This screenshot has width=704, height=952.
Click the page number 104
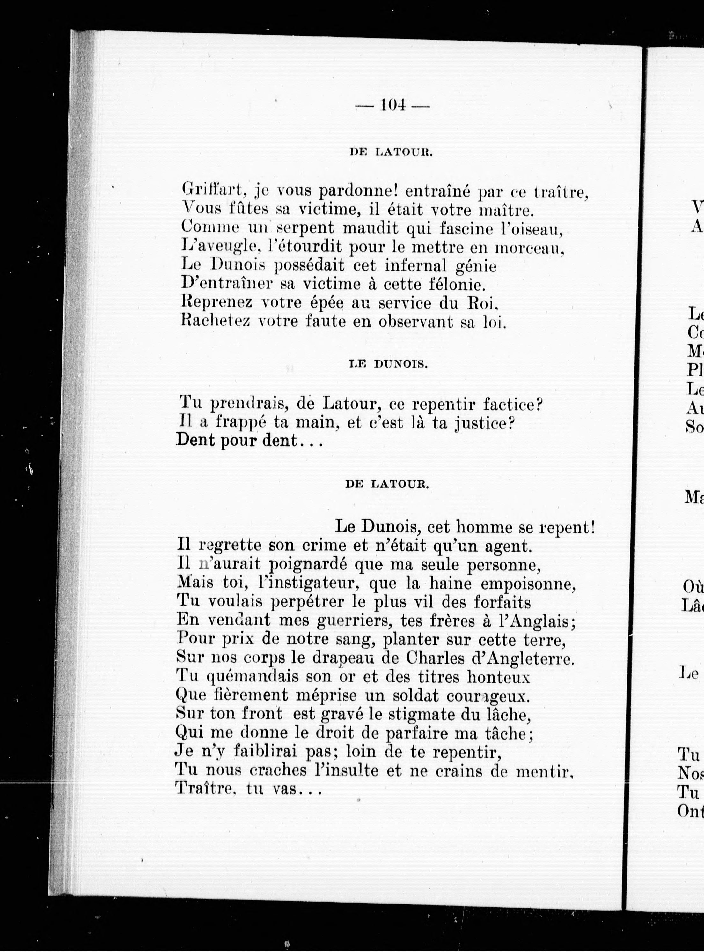pyautogui.click(x=392, y=105)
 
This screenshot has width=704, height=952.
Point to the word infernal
pyautogui.click(x=416, y=266)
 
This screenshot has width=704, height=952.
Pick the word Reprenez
pyautogui.click(x=216, y=303)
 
